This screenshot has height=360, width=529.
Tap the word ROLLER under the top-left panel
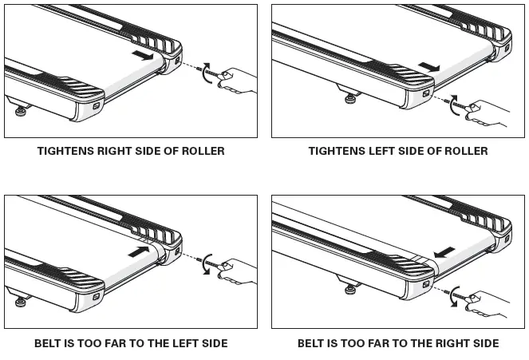point(201,150)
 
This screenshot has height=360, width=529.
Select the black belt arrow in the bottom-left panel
point(139,250)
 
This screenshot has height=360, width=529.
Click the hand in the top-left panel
point(239,80)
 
